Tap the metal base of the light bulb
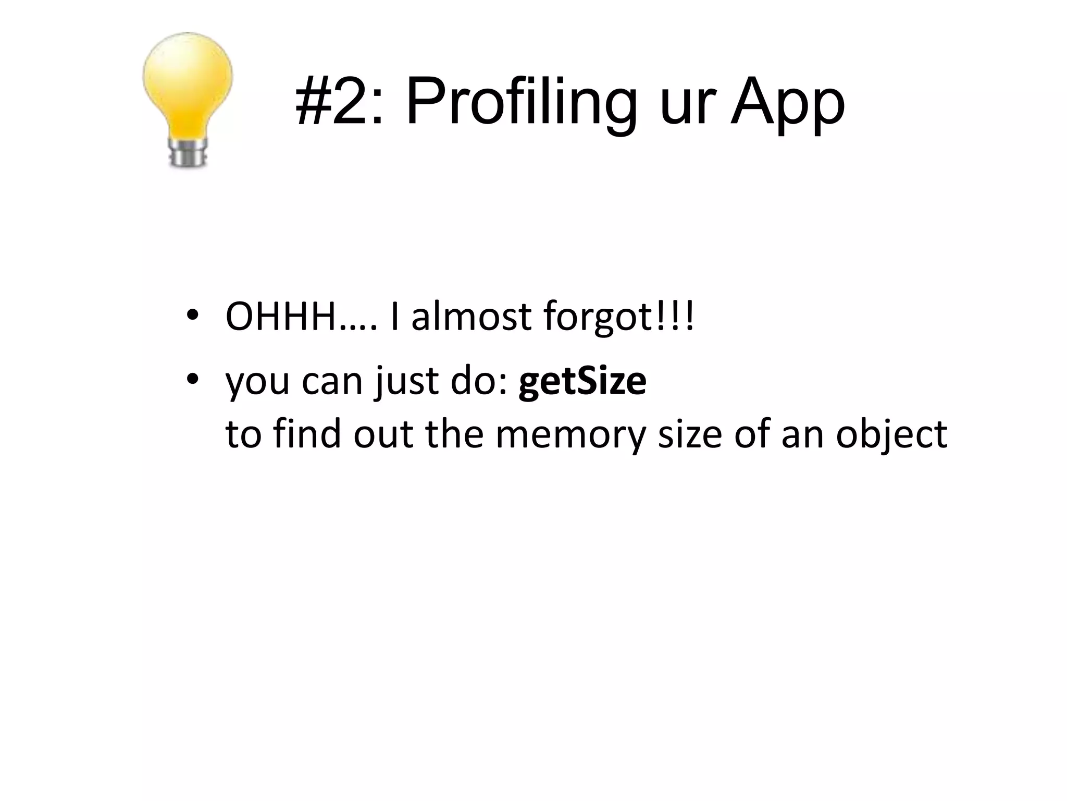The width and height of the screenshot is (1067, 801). [188, 152]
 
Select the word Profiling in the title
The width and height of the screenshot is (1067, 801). [522, 102]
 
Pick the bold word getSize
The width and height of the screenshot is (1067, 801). [582, 381]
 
